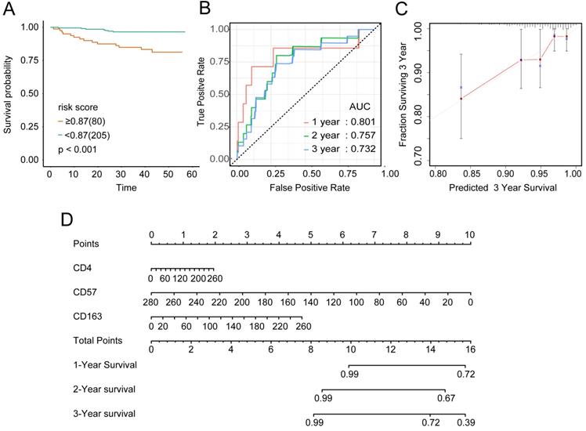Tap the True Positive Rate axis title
(202, 94)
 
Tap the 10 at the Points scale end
(469, 234)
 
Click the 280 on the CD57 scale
(152, 301)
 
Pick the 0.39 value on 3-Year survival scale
(466, 423)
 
